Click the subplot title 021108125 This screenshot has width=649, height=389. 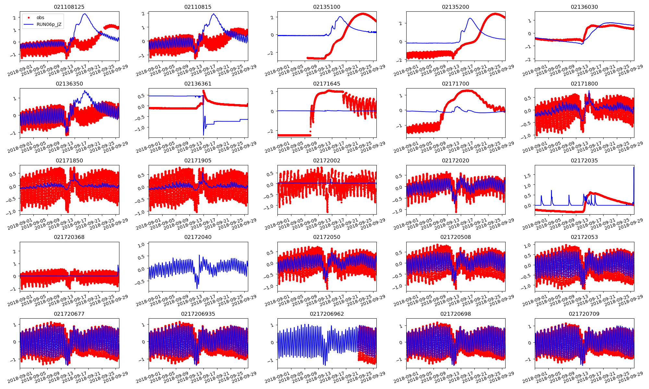coord(69,7)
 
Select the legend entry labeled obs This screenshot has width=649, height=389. coord(40,18)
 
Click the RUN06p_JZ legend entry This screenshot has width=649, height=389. coord(49,24)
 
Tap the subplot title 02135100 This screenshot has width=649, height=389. coord(327,7)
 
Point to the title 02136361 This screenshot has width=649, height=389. coord(198,84)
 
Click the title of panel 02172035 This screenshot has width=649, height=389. coord(584,160)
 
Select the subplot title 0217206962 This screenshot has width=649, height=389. coord(327,314)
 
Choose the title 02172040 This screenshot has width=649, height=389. coord(198,237)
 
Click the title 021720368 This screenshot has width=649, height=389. coord(69,237)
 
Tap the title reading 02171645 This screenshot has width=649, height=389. coord(327,84)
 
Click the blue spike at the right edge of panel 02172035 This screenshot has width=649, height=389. coord(634,168)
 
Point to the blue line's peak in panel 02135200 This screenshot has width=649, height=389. coord(470,18)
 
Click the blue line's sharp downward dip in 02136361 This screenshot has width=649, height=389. coord(203,135)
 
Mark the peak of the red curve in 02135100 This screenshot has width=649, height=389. coord(363,14)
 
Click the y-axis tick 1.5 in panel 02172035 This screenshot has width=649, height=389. coord(528,175)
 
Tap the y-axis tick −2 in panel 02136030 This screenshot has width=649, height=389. coord(529,59)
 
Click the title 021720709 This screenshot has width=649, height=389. coord(584,314)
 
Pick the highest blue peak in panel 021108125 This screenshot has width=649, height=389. coord(85,14)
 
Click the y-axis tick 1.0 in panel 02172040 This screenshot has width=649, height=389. coord(141,245)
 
